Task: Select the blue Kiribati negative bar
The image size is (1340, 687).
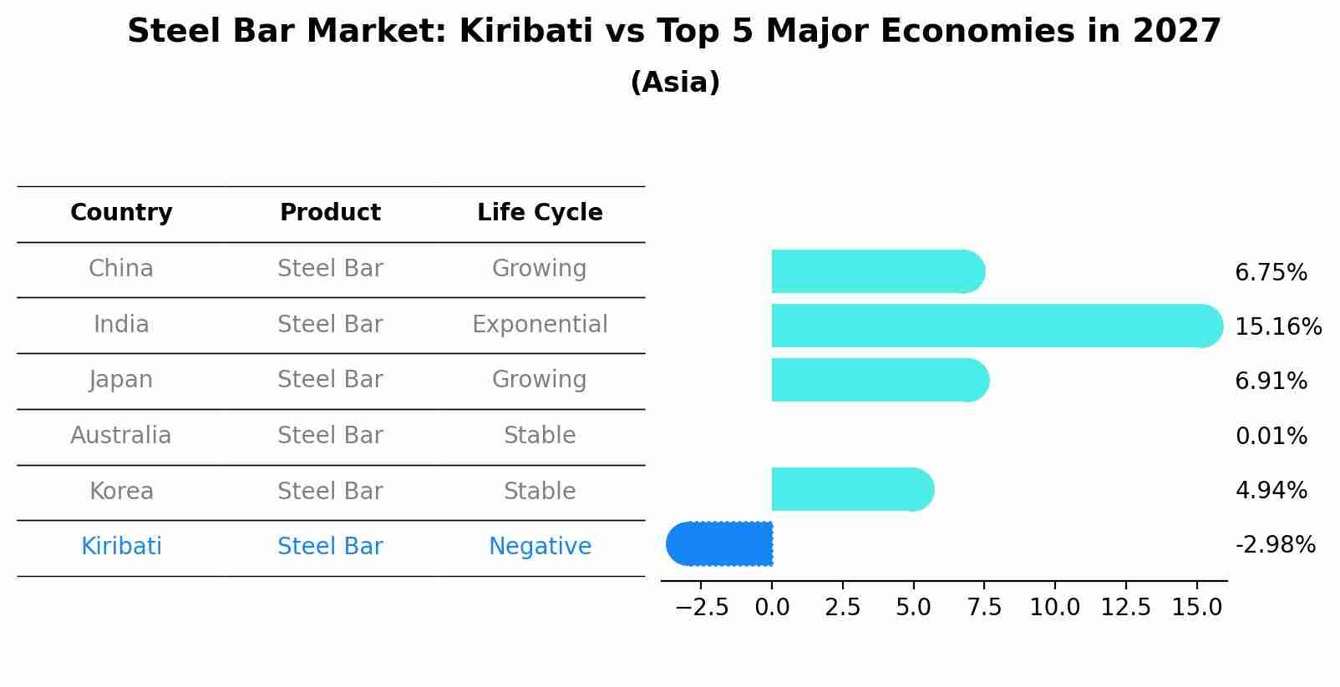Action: (x=720, y=543)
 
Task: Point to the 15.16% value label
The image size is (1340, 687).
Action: (x=1277, y=326)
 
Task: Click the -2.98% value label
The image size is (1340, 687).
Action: (x=1275, y=545)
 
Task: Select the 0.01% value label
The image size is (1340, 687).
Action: (x=1271, y=436)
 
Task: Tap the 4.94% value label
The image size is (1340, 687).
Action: (x=1271, y=490)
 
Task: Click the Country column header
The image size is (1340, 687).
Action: (x=121, y=213)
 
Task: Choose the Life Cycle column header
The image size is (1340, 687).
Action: (x=540, y=213)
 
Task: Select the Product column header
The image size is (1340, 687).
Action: (x=330, y=213)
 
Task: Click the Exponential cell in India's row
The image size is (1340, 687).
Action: (x=540, y=325)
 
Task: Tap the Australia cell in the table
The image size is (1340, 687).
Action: (x=121, y=436)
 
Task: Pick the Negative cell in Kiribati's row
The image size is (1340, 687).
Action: (x=540, y=547)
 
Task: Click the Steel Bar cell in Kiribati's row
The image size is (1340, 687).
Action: (x=330, y=547)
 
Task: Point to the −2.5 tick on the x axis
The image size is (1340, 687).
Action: (x=702, y=608)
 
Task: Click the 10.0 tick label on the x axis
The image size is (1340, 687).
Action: (x=1054, y=608)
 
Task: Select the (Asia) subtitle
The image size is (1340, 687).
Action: (x=675, y=83)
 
